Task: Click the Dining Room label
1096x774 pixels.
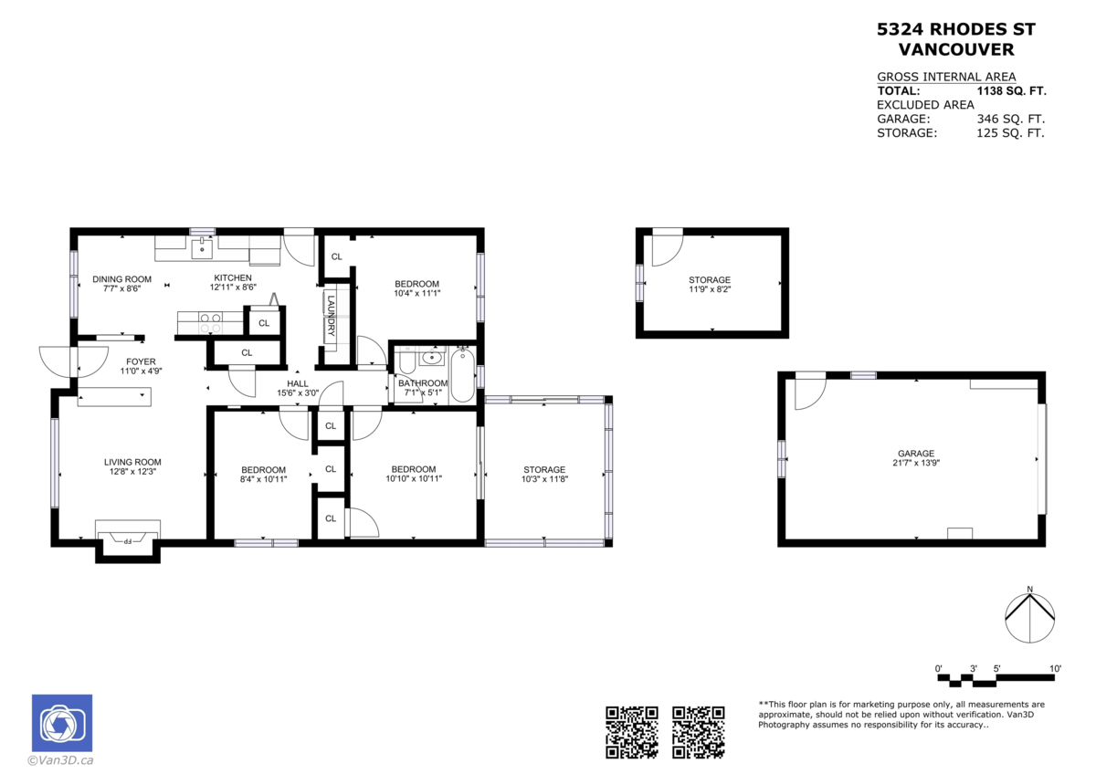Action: (x=121, y=279)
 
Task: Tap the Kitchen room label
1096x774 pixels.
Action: (x=233, y=278)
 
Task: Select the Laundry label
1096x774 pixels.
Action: (x=331, y=316)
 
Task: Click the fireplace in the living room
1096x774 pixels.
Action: (x=128, y=539)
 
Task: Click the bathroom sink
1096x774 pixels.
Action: (x=430, y=357)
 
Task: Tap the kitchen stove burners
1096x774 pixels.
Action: (x=210, y=321)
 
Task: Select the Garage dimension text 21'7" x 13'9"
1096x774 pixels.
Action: (x=915, y=464)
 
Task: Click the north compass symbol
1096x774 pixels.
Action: (x=1029, y=619)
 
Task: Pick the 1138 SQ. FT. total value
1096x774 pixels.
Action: (x=1011, y=91)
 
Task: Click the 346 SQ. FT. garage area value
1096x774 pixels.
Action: (x=1011, y=119)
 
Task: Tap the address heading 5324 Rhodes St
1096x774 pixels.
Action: (x=956, y=29)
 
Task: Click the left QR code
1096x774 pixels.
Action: (x=632, y=732)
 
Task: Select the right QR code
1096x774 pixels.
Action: (x=699, y=732)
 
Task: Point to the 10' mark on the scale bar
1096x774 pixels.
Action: (x=1055, y=669)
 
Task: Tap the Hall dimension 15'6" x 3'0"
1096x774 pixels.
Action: (x=298, y=393)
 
